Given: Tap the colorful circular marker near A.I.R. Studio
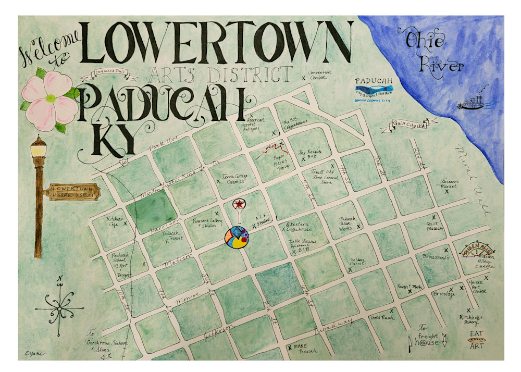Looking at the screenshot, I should click(237, 238).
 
